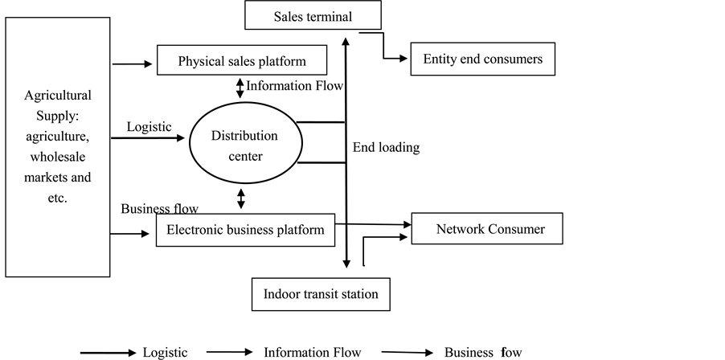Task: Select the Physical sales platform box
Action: [x=242, y=61]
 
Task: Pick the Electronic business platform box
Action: [x=244, y=230]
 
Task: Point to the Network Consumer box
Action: [x=489, y=229]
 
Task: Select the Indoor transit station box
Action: [x=321, y=294]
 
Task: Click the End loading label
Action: [x=386, y=148]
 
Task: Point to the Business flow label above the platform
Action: [x=159, y=209]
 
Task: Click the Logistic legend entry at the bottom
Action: [x=165, y=352]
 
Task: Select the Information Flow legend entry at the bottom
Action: [x=312, y=352]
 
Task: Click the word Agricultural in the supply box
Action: [x=58, y=95]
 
